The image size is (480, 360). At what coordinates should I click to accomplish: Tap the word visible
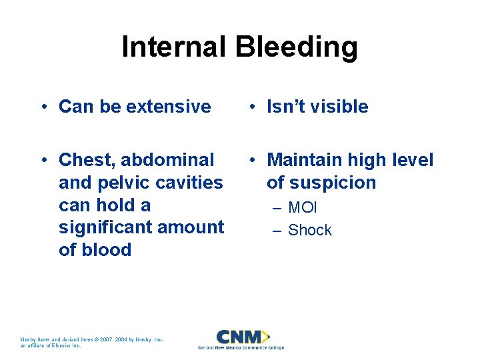click(338, 107)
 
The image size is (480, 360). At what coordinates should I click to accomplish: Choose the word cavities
click(192, 183)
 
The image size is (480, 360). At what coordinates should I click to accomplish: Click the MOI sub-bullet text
click(302, 208)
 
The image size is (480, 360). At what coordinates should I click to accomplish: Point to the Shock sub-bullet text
click(309, 231)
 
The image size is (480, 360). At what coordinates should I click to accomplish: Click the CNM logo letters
click(237, 336)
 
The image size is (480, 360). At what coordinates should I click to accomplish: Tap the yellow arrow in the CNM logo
click(265, 336)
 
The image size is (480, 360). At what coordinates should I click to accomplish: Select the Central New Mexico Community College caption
click(241, 347)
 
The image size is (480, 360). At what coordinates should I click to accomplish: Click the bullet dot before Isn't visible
click(253, 107)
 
